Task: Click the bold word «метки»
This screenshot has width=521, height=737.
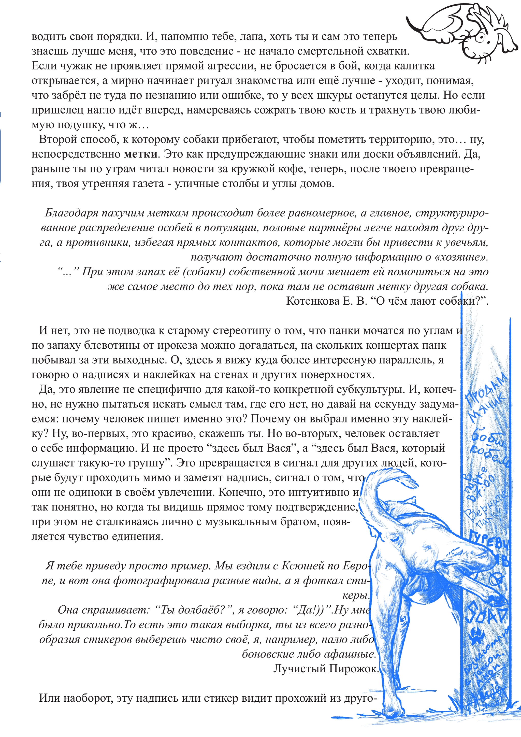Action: click(140, 154)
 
